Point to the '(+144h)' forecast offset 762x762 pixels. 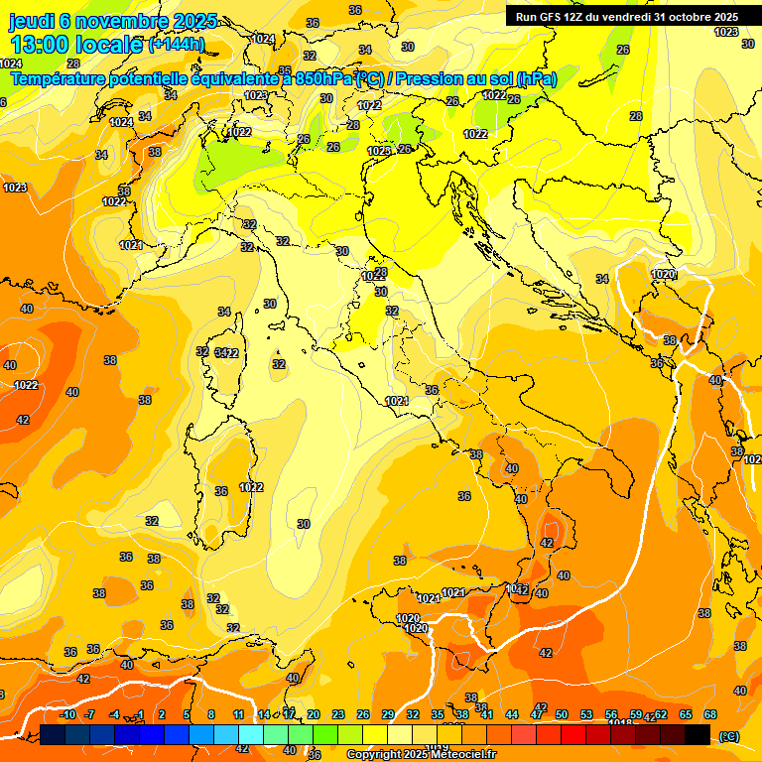(x=177, y=45)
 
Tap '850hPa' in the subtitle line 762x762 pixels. (x=323, y=78)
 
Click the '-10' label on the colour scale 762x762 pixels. (x=67, y=714)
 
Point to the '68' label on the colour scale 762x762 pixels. (x=710, y=714)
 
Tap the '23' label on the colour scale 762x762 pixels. (x=338, y=714)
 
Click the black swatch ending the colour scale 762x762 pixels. (x=698, y=734)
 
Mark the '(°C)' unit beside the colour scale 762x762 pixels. (x=729, y=735)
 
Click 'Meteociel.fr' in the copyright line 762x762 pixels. (x=462, y=755)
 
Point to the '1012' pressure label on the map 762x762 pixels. (x=370, y=105)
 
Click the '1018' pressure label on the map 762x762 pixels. (x=620, y=723)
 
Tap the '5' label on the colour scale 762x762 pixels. (x=187, y=714)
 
